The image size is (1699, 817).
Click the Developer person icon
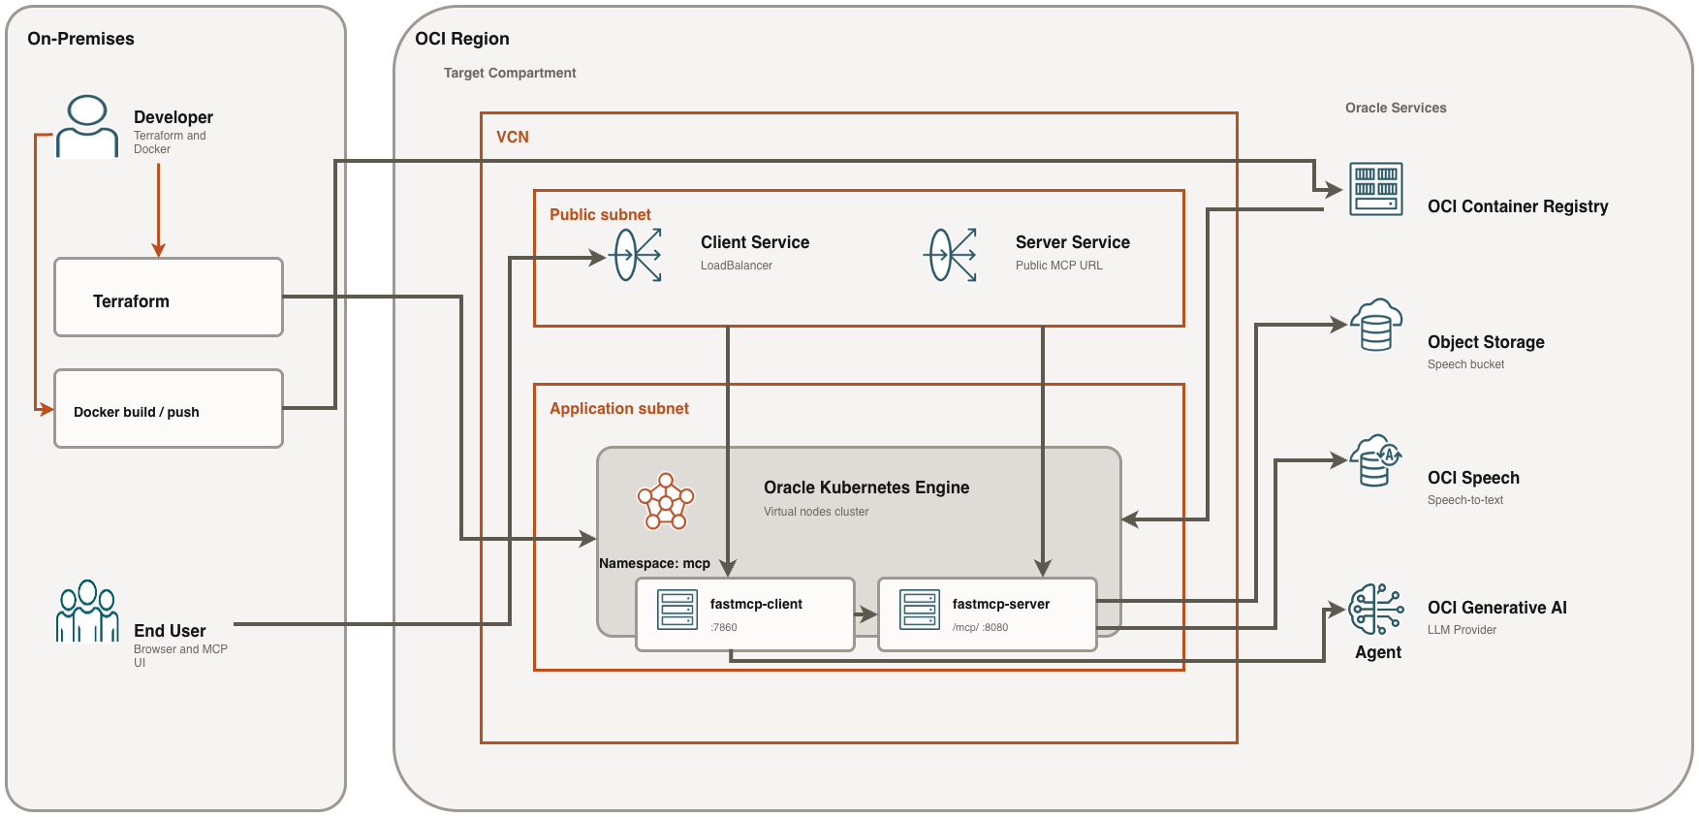[x=87, y=126]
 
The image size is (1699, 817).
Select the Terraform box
[x=169, y=298]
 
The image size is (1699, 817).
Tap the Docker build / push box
[x=169, y=409]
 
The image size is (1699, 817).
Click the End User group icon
[x=87, y=612]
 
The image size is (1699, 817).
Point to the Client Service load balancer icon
[x=638, y=255]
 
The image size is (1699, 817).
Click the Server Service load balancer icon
[x=952, y=255]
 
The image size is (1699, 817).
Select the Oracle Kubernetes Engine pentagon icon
[x=666, y=502]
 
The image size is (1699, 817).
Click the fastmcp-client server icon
[x=677, y=611]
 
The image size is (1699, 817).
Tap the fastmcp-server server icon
[x=920, y=611]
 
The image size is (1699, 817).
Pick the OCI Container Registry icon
[x=1376, y=189]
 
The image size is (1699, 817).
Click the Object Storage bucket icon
[x=1376, y=325]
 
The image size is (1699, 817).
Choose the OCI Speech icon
[x=1376, y=460]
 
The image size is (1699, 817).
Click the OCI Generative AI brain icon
[x=1376, y=609]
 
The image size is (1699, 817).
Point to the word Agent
[x=1378, y=652]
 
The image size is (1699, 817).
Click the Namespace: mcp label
[x=654, y=563]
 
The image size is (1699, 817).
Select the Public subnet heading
[x=600, y=214]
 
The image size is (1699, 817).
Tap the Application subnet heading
[x=619, y=408]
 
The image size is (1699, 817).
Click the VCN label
[x=513, y=137]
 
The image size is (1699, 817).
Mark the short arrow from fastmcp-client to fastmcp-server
[x=865, y=614]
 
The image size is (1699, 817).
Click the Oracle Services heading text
[x=1396, y=108]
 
